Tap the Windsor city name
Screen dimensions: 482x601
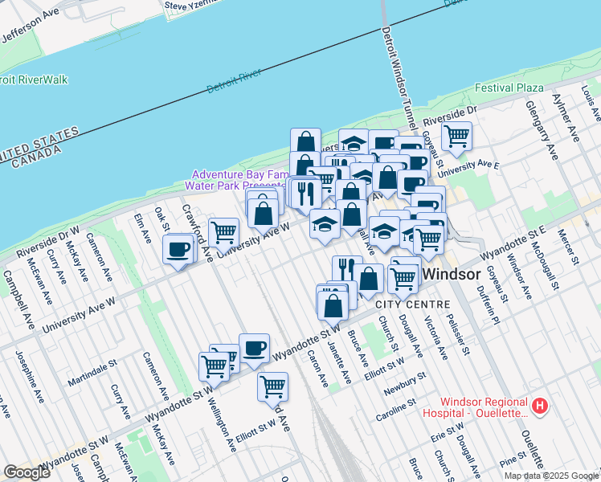click(x=452, y=274)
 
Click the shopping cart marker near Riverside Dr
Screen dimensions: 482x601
click(x=456, y=137)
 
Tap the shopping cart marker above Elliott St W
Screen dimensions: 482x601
click(x=272, y=386)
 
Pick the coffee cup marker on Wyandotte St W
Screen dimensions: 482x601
click(x=254, y=348)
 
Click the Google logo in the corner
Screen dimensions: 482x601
click(x=27, y=472)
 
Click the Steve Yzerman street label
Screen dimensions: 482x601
click(x=191, y=6)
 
